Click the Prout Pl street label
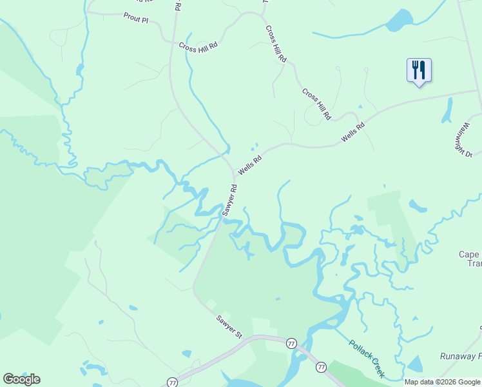pyautogui.click(x=136, y=19)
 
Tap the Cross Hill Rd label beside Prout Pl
pyautogui.click(x=198, y=46)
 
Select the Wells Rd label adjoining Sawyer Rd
pyautogui.click(x=250, y=164)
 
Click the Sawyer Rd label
pyautogui.click(x=229, y=200)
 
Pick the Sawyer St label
pyautogui.click(x=229, y=326)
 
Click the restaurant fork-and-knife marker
pyautogui.click(x=419, y=70)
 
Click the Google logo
pyautogui.click(x=22, y=379)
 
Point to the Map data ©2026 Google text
pyautogui.click(x=443, y=382)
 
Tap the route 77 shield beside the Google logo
pyautogui.click(x=172, y=382)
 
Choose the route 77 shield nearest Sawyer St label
pyautogui.click(x=291, y=343)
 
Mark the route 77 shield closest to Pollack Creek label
pyautogui.click(x=321, y=366)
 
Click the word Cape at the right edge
pyautogui.click(x=469, y=254)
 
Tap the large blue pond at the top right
pyautogui.click(x=399, y=21)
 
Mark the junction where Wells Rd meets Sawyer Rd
pyautogui.click(x=234, y=177)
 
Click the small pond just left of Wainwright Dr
pyautogui.click(x=447, y=111)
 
